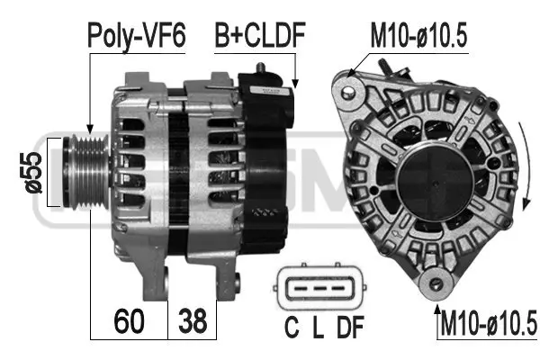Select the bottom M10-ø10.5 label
point(488,321)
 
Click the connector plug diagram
point(316,289)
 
